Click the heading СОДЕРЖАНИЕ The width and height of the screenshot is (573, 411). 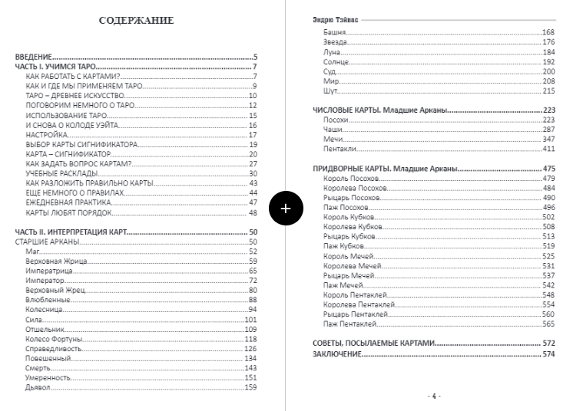[137, 21]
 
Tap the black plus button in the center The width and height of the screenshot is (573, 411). [286, 208]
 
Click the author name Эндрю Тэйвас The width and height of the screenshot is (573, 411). [335, 21]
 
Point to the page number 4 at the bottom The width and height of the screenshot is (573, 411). [433, 396]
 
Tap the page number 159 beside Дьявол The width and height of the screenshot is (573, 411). [250, 387]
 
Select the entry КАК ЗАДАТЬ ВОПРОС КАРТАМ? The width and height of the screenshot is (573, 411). [78, 164]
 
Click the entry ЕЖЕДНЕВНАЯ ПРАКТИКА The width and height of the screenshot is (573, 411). [68, 202]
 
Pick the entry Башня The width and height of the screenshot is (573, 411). [335, 32]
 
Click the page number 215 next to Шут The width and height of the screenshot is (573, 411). [548, 90]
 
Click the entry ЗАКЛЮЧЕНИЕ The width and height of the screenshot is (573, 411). [336, 354]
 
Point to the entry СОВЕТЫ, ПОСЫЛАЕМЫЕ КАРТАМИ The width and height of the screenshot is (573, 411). [374, 343]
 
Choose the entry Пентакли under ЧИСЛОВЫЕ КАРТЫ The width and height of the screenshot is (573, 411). [339, 149]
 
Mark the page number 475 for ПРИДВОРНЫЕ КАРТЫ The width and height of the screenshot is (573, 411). [548, 169]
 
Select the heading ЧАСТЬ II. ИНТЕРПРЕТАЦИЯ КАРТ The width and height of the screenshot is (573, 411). [71, 232]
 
